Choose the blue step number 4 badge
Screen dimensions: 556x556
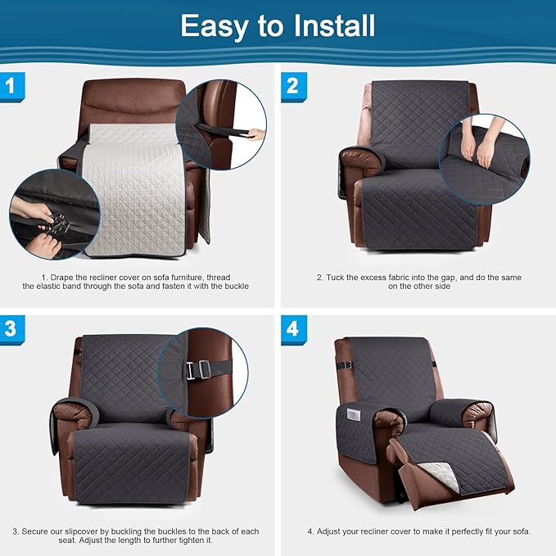(292, 329)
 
